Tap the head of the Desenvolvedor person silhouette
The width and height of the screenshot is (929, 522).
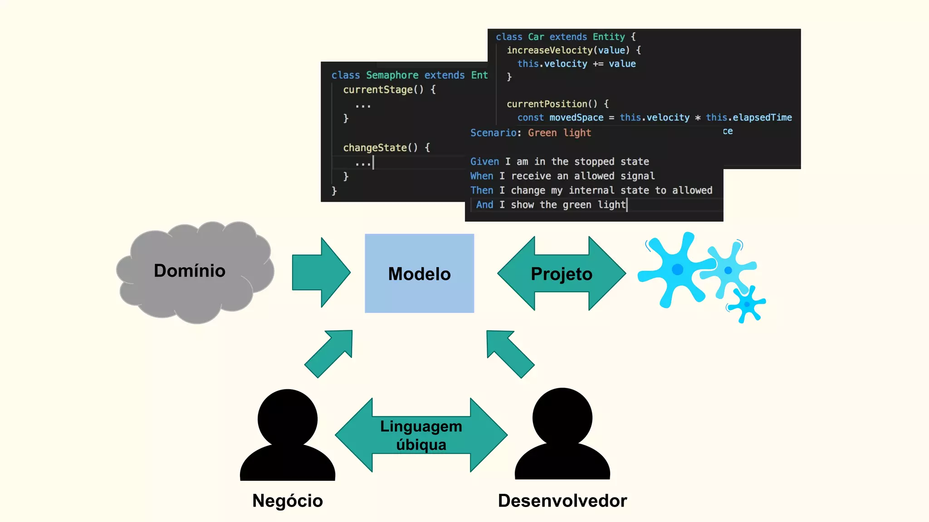pos(562,417)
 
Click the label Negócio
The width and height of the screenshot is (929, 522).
pos(288,501)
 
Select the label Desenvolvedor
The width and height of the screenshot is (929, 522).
pos(562,501)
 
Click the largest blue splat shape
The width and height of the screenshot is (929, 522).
pos(676,270)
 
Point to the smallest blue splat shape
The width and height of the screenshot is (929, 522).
pos(747,304)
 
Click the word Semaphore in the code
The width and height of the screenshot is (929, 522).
pos(392,75)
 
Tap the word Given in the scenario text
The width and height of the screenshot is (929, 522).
pos(484,162)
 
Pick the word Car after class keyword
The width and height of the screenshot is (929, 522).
pos(536,37)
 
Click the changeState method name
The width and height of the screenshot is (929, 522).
pos(375,148)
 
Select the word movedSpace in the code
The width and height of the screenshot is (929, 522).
pos(576,118)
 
